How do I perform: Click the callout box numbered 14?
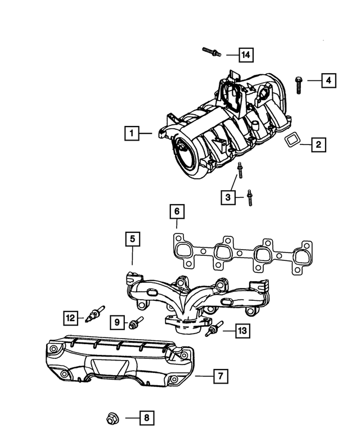tap(245, 55)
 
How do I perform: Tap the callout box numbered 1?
tap(131, 133)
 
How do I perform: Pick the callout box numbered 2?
tap(318, 145)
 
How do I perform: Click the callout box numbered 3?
tap(228, 197)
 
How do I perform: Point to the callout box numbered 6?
tap(176, 211)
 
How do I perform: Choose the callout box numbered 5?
tap(132, 240)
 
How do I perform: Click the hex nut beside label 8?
tap(111, 418)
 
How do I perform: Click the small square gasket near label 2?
tap(291, 141)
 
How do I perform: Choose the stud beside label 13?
tap(214, 330)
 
